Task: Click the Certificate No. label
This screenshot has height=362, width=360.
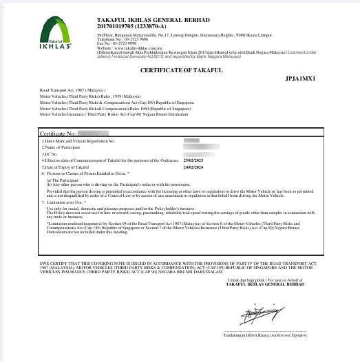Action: tap(57, 132)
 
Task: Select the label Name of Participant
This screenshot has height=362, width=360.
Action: tap(61, 147)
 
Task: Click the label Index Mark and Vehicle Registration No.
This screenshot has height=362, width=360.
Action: tap(78, 140)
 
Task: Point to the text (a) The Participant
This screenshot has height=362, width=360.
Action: tap(61, 180)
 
